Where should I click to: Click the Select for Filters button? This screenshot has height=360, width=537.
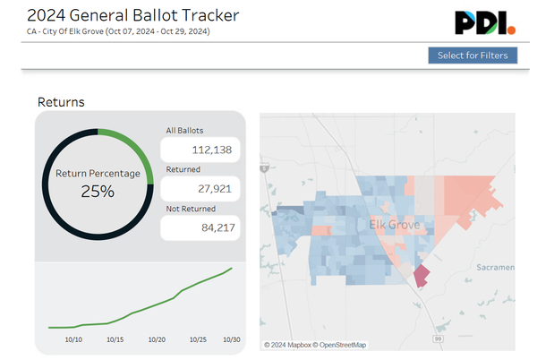pos(473,56)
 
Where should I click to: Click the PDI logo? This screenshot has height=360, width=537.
pos(485,22)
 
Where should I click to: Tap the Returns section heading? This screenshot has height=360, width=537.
pos(61,102)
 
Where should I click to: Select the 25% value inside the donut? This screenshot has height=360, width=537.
pos(98,191)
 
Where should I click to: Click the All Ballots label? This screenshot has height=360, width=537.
pos(185,130)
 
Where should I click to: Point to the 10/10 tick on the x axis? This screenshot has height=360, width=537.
pos(73,339)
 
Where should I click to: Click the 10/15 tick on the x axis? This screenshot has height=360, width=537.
pos(115,339)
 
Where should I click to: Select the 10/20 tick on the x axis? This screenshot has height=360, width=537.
pos(157,339)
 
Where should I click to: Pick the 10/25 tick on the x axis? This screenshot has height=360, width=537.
pos(198,339)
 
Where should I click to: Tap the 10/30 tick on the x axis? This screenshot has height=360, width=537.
pos(231,339)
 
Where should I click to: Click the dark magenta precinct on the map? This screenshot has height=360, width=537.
pos(420,276)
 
